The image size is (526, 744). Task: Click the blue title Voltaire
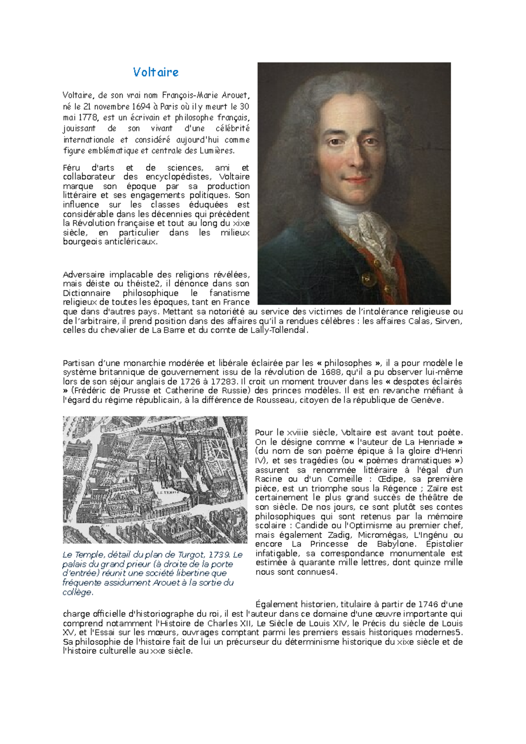[x=156, y=72]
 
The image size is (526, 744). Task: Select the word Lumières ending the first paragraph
[x=217, y=151]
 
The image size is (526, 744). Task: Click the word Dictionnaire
[x=87, y=293]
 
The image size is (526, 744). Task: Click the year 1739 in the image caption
[x=219, y=554]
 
